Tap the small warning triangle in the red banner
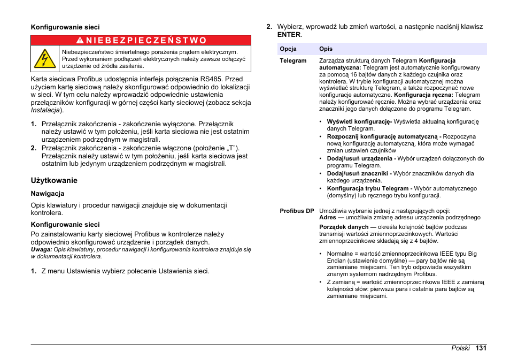coord(79,40)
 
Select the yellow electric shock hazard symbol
coord(45,58)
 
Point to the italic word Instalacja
coord(45,110)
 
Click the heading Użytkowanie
coord(54,180)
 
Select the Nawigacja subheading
coord(48,194)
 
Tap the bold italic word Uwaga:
coord(41,249)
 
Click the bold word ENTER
coord(289,35)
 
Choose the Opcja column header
coord(288,49)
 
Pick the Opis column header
coord(326,49)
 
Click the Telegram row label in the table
coord(293,60)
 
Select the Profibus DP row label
coord(297,211)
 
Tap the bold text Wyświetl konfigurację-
coord(359,121)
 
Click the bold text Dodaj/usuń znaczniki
coord(359,173)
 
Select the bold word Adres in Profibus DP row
coord(328,217)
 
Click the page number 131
coord(481,348)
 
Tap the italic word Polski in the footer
coord(460,348)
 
